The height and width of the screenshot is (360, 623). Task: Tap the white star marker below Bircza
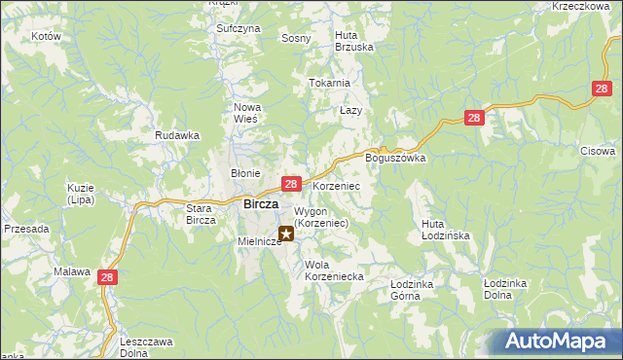click(x=286, y=234)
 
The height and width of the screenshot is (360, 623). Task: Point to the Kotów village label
click(x=46, y=36)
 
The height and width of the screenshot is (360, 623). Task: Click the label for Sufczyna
click(x=238, y=29)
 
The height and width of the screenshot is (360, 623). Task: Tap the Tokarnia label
click(x=329, y=84)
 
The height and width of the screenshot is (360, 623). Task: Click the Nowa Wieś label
click(x=244, y=113)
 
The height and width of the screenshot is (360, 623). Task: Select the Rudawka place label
click(x=177, y=136)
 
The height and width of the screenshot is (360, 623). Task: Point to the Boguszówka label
click(x=395, y=158)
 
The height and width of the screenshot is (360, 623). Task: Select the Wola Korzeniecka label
click(x=334, y=270)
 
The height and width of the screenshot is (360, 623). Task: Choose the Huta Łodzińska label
click(x=446, y=230)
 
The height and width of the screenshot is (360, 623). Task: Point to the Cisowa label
click(x=598, y=151)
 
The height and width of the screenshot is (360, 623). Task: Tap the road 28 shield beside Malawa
click(x=107, y=278)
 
